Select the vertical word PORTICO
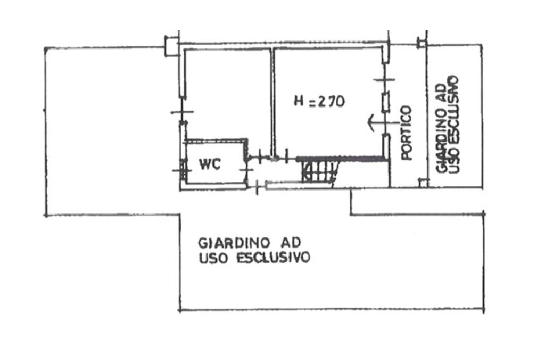coord(407,133)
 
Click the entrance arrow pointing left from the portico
coord(375,122)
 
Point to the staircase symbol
coord(318,172)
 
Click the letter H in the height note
coord(299,101)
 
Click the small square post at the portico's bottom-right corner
coord(423,183)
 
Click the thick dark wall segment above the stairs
coord(341,159)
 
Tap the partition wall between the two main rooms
coord(272,101)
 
